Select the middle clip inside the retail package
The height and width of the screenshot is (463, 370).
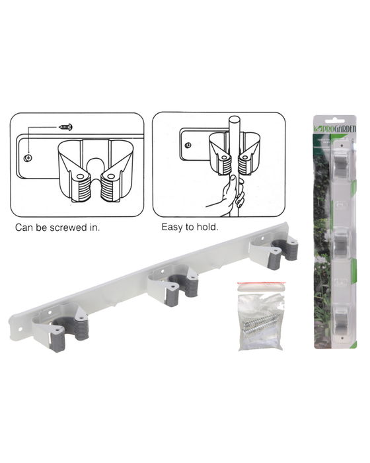(340, 245)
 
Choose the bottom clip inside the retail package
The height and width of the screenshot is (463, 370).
(341, 320)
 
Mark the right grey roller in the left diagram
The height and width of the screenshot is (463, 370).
(110, 188)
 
